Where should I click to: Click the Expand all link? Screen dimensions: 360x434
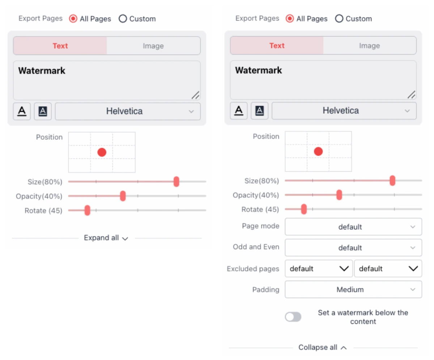[106, 238]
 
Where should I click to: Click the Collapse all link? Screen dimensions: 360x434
[322, 347]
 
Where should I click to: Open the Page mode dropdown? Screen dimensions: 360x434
[353, 227]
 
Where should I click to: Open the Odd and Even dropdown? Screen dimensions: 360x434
[353, 248]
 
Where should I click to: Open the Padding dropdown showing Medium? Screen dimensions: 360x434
[353, 289]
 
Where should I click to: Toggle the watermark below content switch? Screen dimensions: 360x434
[293, 317]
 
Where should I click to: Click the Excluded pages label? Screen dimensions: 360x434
[253, 269]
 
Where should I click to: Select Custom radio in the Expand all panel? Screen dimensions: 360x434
[123, 19]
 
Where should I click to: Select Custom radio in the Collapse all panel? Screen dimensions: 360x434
[339, 19]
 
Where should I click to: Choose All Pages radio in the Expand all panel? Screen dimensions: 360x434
[73, 19]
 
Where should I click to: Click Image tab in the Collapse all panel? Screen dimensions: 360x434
[369, 46]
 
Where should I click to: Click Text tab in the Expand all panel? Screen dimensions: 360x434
[60, 46]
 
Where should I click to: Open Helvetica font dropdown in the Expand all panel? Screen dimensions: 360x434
[127, 111]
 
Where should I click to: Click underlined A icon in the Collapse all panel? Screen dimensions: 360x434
[239, 111]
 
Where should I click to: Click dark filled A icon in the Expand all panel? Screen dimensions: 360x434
[43, 111]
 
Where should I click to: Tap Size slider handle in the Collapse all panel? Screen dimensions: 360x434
[392, 181]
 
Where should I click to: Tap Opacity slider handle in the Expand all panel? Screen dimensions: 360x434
[123, 196]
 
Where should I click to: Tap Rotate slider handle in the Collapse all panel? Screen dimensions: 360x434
[304, 209]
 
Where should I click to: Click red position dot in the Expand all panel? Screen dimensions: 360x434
[102, 152]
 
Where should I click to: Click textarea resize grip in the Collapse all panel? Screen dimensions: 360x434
[411, 94]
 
